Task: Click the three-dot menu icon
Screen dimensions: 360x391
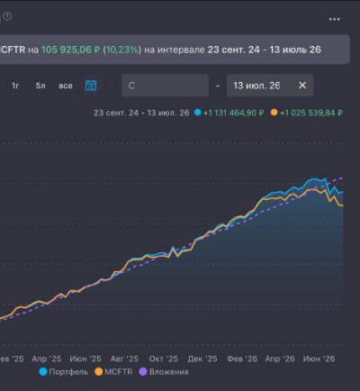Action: [335, 19]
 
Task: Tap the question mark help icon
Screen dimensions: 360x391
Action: [7, 16]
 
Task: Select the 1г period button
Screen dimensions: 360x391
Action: [15, 86]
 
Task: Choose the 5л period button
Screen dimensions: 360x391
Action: [40, 86]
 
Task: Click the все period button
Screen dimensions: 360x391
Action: [66, 86]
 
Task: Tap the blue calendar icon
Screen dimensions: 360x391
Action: [91, 86]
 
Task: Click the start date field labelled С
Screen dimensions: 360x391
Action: [165, 86]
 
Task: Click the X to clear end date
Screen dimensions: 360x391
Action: [302, 86]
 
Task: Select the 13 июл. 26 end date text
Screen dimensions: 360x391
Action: [256, 86]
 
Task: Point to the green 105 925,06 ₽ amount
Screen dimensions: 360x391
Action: [70, 50]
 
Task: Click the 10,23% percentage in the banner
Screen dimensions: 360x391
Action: [122, 50]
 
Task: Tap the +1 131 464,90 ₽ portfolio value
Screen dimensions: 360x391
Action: [233, 113]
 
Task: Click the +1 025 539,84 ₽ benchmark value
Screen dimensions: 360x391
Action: [311, 113]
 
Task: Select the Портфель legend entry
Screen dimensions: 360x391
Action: [64, 372]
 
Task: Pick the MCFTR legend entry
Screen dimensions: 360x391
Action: [113, 372]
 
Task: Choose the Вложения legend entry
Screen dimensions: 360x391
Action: [164, 372]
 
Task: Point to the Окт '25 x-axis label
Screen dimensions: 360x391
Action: [164, 359]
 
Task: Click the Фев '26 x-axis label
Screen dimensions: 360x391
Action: [242, 359]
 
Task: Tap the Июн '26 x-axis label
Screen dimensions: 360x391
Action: [319, 359]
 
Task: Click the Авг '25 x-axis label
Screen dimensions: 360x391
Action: [124, 359]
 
